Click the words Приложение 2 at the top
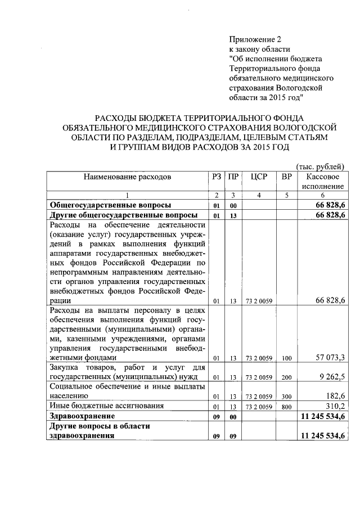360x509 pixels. (254, 39)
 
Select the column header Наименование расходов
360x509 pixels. (127, 177)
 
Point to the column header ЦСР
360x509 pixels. (258, 177)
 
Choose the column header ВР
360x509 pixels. (286, 177)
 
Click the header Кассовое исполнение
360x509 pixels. (322, 181)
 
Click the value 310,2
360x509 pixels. (336, 406)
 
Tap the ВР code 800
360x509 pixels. (287, 407)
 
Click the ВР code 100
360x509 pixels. (287, 358)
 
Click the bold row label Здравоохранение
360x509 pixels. (82, 416)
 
